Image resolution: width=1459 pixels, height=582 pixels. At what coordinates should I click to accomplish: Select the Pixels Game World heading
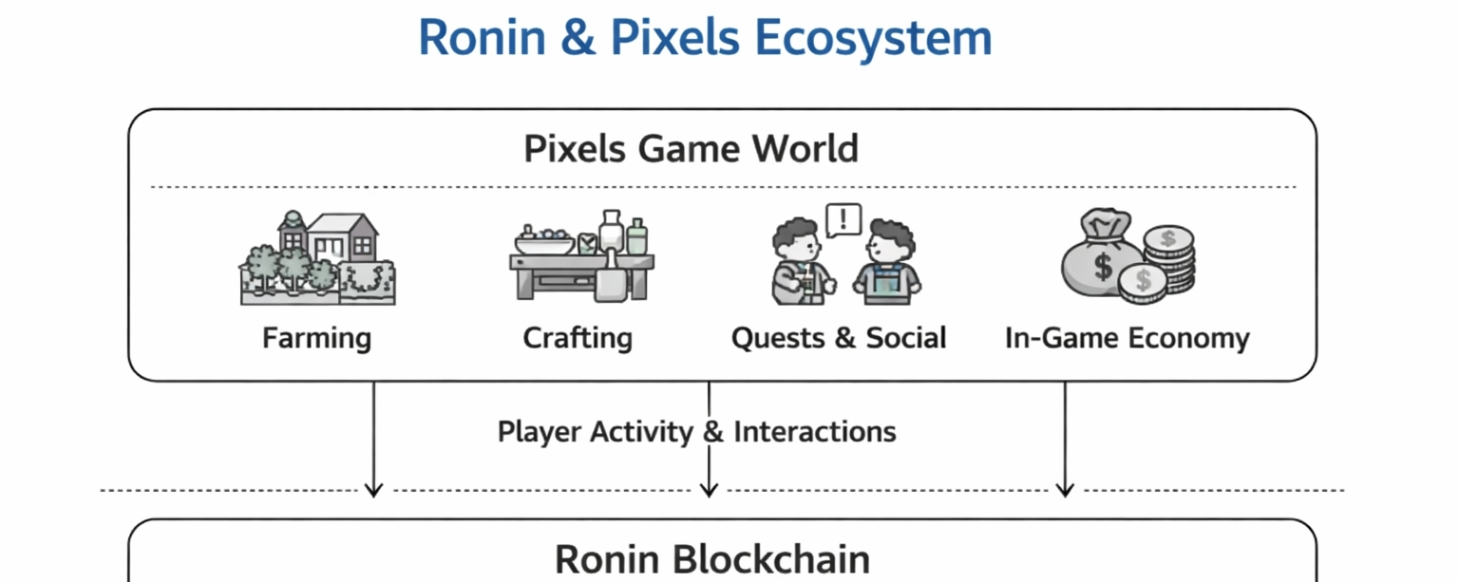pos(691,149)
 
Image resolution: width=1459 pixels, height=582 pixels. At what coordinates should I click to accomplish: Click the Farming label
pos(316,338)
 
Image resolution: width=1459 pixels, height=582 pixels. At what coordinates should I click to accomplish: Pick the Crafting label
pos(578,338)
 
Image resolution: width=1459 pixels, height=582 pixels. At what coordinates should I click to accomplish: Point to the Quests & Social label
pos(839,338)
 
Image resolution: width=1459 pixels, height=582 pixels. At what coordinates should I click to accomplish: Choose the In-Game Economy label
pos(1127,338)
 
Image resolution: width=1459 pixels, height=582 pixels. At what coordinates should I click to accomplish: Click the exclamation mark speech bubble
pos(843,220)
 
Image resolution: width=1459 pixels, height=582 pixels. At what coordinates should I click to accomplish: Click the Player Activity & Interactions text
pos(696,432)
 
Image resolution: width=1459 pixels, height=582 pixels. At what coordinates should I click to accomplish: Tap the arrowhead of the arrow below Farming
pos(374,489)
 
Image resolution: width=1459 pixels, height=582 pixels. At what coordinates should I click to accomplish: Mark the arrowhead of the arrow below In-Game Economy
pos(1065,489)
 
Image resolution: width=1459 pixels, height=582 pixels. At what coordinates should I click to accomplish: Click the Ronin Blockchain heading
pos(711,558)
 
